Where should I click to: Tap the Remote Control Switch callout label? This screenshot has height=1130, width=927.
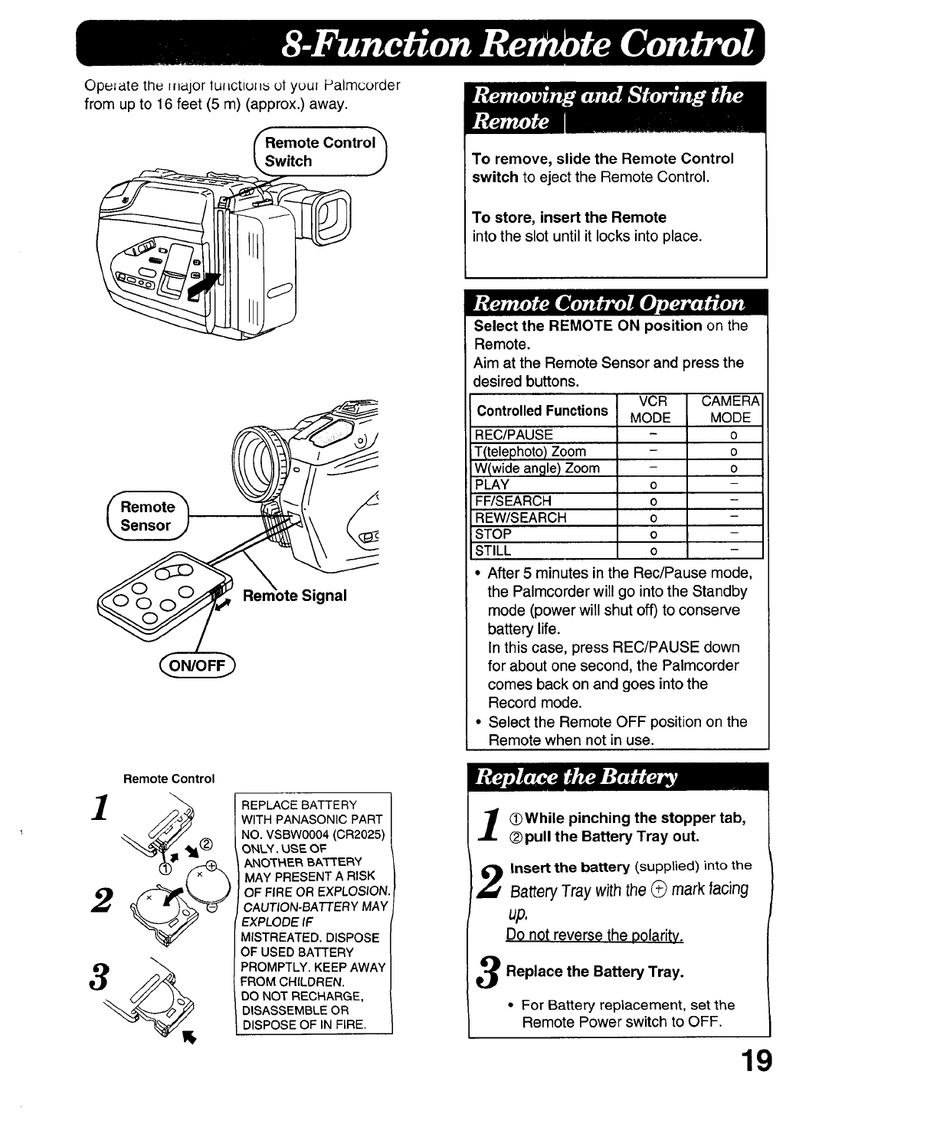tap(321, 152)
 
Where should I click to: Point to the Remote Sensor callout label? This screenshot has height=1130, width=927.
tap(147, 516)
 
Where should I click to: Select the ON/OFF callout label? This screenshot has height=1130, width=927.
tap(198, 665)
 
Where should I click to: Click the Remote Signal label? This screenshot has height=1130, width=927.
tap(295, 596)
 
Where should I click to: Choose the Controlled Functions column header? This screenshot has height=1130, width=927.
tap(542, 410)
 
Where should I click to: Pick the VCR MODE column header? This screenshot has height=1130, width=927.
tap(650, 410)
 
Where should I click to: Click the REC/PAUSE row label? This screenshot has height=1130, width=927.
tap(513, 435)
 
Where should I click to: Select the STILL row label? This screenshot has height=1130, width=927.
tap(493, 550)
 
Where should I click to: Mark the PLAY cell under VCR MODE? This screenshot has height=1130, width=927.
tap(652, 485)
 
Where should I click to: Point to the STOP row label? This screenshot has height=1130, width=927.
tap(493, 534)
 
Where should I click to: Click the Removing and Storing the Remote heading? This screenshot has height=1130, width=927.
tap(608, 108)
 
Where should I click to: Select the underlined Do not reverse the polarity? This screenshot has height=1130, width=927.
tap(595, 936)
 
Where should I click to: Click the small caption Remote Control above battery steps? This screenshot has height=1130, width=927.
tap(169, 779)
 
